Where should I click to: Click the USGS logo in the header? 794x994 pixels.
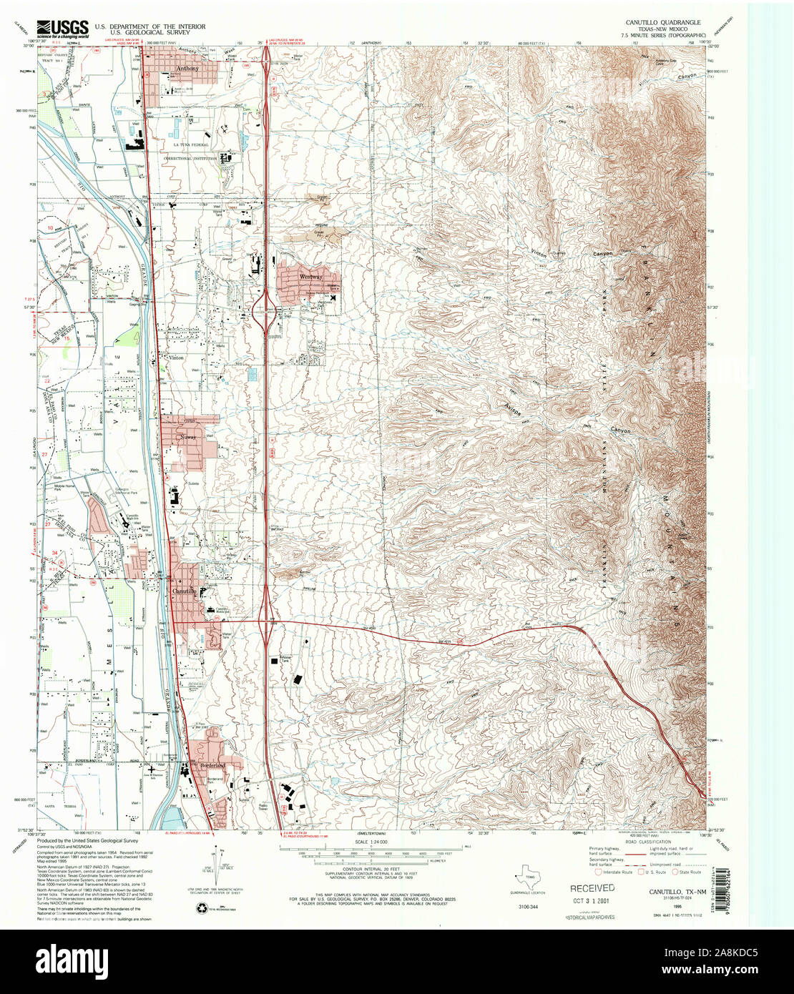[x=63, y=28]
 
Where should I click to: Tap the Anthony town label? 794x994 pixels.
[x=187, y=69]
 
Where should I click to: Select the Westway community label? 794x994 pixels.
[x=310, y=277]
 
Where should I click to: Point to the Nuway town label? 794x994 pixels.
[x=188, y=437]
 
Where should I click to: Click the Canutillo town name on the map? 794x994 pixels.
[x=185, y=592]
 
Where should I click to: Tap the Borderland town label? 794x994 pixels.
[x=215, y=765]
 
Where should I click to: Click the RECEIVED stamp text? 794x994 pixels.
[x=592, y=887]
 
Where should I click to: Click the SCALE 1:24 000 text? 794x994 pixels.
[x=374, y=841]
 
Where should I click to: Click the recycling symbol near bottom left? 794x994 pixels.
[x=201, y=907]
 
